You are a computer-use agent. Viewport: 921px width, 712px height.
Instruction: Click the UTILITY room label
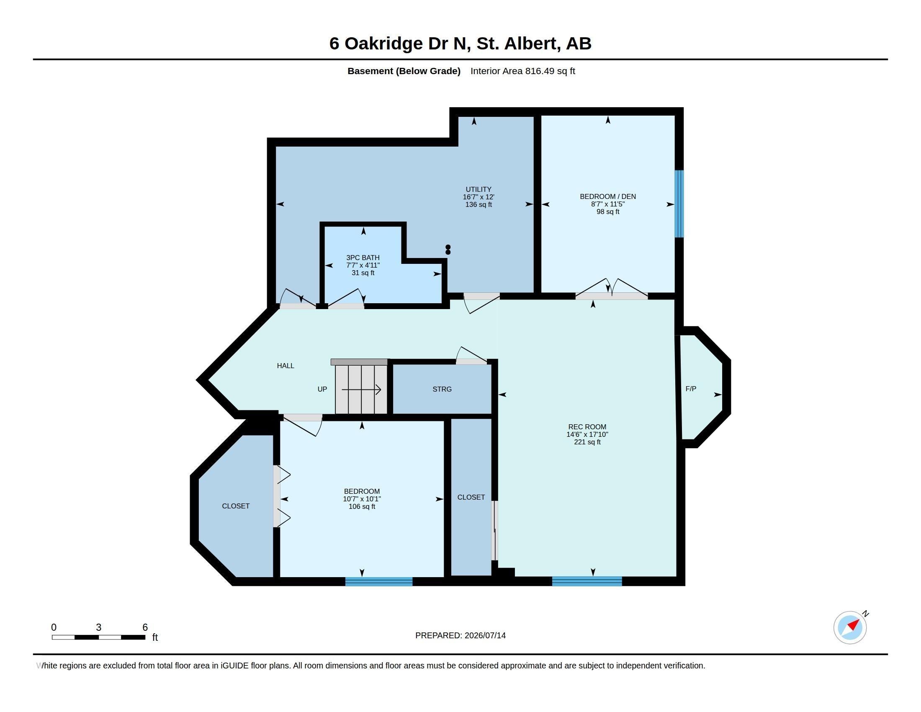[x=478, y=189]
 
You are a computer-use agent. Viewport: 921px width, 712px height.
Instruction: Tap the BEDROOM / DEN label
[x=608, y=196]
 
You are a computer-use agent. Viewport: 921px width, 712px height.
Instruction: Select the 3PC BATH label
[x=363, y=258]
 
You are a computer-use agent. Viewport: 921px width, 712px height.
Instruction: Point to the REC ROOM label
[x=587, y=427]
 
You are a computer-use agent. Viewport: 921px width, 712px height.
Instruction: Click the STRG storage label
[x=442, y=390]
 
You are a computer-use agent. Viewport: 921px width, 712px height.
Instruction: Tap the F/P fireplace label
[x=691, y=389]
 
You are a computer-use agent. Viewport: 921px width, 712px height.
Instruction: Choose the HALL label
[x=286, y=366]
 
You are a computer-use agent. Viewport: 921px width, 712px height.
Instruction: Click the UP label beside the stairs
[x=322, y=390]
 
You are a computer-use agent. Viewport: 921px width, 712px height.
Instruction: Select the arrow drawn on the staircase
[x=361, y=390]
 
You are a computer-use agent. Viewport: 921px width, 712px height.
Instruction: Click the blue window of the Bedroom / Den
[x=679, y=204]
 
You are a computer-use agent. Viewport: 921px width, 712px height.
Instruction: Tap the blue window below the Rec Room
[x=587, y=581]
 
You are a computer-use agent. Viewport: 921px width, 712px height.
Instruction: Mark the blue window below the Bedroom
[x=379, y=582]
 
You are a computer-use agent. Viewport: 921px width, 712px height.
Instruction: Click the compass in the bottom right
[x=850, y=628]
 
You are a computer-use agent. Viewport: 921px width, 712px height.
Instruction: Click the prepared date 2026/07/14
[x=485, y=636]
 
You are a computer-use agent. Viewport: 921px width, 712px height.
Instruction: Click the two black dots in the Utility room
[x=448, y=250]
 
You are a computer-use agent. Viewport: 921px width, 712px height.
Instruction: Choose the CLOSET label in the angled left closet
[x=236, y=506]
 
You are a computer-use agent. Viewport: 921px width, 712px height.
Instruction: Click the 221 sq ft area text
[x=587, y=442]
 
